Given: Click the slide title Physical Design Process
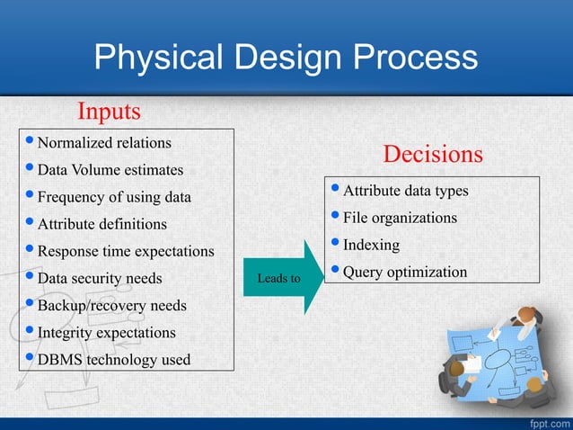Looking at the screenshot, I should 286,58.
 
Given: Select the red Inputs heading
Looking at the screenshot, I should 109,112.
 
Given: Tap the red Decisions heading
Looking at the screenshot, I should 432,154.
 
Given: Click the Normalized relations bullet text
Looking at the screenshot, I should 104,142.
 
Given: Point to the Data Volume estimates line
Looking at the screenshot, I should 110,169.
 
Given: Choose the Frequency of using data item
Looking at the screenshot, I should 114,196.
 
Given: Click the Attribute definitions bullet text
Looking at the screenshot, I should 101,223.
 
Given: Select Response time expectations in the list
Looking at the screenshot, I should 126,251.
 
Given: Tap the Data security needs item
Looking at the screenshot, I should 100,278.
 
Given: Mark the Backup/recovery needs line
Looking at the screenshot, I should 111,305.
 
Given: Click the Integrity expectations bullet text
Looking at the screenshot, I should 106,332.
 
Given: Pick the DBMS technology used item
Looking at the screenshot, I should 113,360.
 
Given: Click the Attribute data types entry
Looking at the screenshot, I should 406,191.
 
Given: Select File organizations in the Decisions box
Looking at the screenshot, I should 400,218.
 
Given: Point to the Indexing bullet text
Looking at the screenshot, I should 372,245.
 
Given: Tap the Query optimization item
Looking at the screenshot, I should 405,272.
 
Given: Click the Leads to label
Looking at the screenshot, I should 278,278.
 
